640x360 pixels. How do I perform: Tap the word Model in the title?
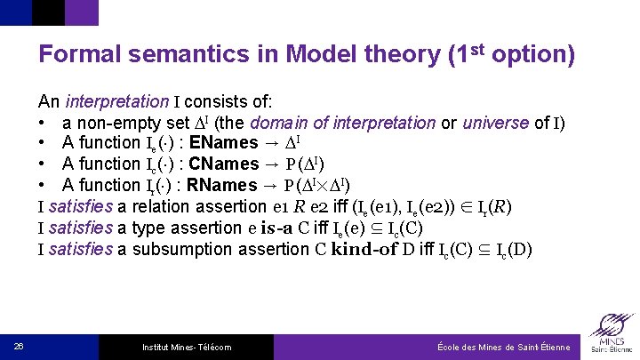pyautogui.click(x=316, y=55)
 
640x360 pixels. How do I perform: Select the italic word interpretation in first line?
pyautogui.click(x=116, y=101)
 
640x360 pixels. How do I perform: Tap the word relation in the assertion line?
pyautogui.click(x=167, y=207)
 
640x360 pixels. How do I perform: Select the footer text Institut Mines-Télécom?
pyautogui.click(x=187, y=347)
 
